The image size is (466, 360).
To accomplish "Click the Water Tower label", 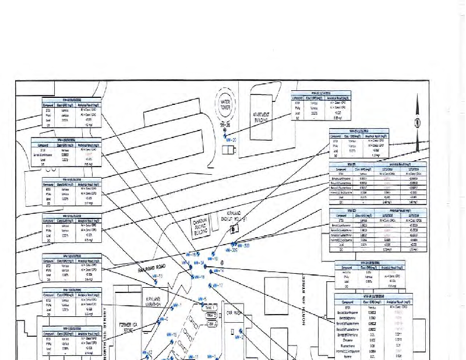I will click(x=224, y=104).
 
